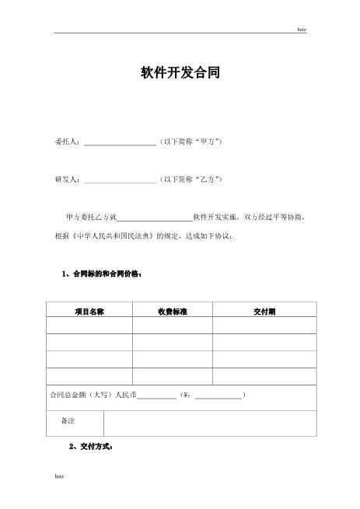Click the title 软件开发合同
[x=180, y=74]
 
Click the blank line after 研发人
[x=120, y=180]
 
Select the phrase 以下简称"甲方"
[x=191, y=142]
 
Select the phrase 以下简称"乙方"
[x=191, y=179]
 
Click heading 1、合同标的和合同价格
[x=102, y=274]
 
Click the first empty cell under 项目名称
[x=89, y=326]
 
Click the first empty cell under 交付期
[x=264, y=326]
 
